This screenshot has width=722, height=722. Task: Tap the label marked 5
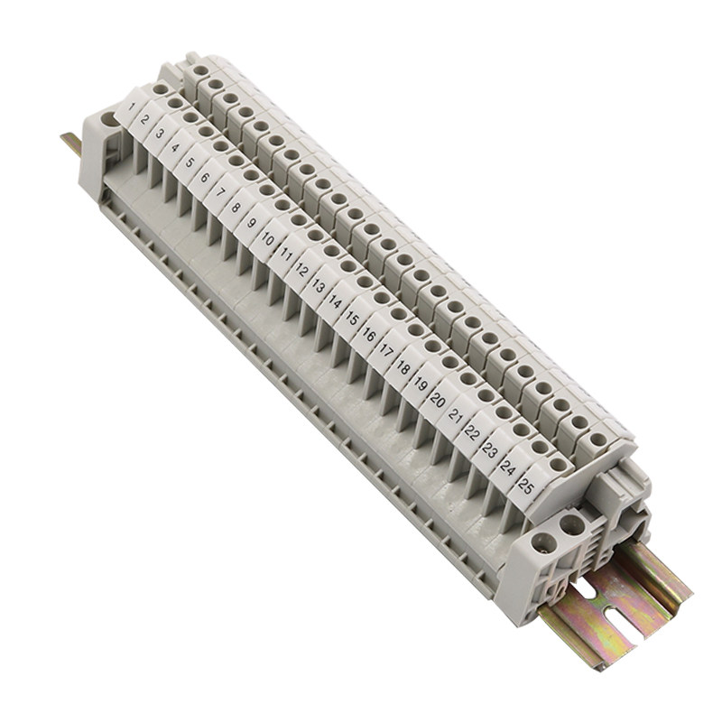coord(189,162)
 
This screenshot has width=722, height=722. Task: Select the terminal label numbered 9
coord(251,223)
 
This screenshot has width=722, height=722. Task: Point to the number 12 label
coord(301,270)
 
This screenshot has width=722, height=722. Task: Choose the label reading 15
coord(352,319)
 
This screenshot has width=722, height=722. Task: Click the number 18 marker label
coord(403,368)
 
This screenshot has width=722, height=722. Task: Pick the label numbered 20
coord(438,401)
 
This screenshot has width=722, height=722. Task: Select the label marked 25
coord(525,486)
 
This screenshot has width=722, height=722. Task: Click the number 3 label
coord(160,134)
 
